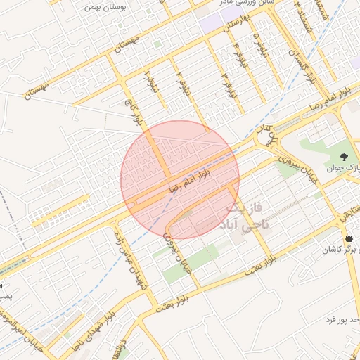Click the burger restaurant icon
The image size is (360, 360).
coord(349,238)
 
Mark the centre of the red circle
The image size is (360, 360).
coord(180,180)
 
